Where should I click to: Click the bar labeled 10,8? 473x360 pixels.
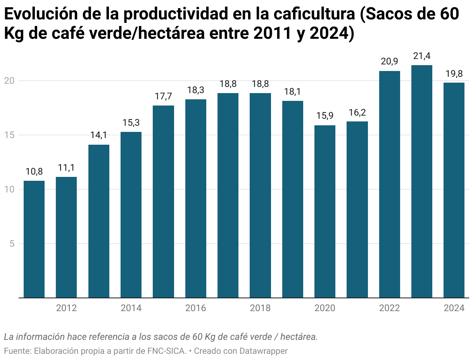pos(34,239)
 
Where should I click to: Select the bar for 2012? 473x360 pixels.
pos(66,237)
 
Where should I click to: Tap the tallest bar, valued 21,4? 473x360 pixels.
pos(422,181)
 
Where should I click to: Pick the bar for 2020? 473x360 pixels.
pos(325,211)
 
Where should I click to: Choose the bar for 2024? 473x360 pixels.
pos(454,190)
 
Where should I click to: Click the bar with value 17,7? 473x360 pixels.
pos(163,201)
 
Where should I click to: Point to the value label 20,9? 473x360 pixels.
pos(389,61)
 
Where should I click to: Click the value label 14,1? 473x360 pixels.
pos(99,135)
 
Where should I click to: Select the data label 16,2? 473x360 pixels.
pos(357,112)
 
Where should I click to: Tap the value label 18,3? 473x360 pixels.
pos(196,90)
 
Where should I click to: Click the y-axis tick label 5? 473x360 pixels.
pos(12,244)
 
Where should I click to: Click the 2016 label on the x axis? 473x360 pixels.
pos(196,308)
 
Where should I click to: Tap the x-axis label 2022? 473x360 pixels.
pos(389,308)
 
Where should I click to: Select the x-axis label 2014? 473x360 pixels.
pos(131,308)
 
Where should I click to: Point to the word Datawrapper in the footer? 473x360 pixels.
pos(263,351)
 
